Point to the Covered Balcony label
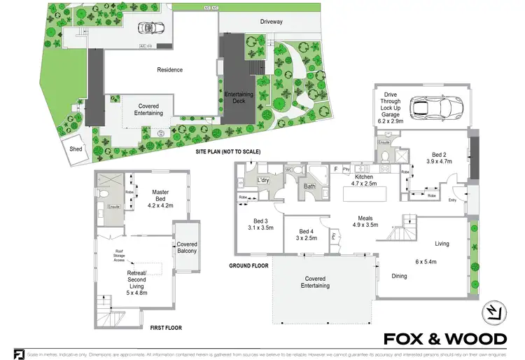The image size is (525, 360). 187,247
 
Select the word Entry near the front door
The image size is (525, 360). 453,201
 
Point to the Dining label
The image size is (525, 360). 399,276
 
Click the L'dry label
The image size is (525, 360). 264,181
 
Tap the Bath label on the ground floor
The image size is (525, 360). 309,186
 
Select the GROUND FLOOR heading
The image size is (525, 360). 249,266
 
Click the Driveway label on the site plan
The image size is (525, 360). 271,22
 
